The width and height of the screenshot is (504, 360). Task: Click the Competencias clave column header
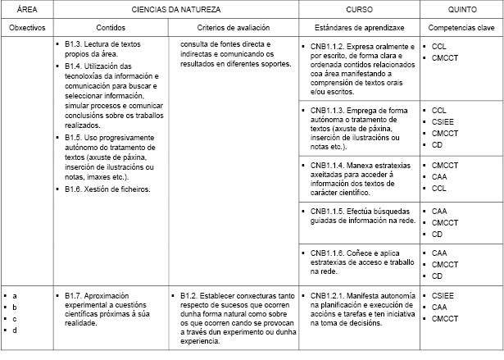[461, 28]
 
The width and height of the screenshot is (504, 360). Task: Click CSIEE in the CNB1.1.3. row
[443, 121]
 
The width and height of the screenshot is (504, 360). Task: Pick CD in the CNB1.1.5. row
[438, 234]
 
